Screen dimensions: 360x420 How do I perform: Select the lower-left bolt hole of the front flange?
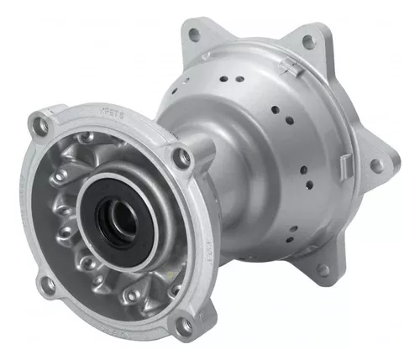(49, 284)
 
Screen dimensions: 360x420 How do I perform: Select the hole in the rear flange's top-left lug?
(194, 35)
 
